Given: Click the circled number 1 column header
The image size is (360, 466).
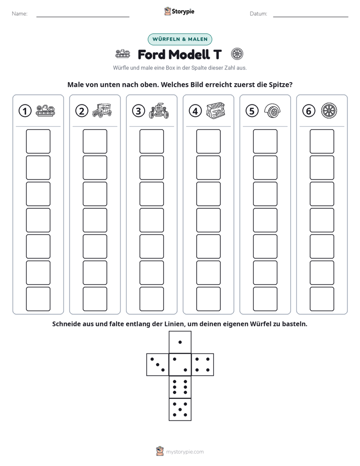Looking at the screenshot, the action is tap(25, 111).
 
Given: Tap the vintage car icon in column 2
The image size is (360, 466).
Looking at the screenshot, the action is tap(102, 110).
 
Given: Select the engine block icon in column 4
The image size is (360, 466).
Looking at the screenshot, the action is tap(215, 111).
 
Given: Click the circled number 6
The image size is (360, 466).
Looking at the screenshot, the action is tap(309, 111).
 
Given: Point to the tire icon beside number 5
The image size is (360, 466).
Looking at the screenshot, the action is tap(272, 111).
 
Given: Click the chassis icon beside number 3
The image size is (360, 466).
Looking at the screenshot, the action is tap(159, 111).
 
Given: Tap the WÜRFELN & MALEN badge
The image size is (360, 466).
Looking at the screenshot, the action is tap(180, 39).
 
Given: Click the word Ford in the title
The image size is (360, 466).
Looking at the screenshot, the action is tap(151, 54).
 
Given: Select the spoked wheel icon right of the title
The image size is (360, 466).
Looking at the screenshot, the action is tap(237, 54).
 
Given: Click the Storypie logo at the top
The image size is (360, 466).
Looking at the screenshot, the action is tap(179, 11).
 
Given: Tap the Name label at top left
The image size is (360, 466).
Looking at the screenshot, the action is tap(20, 14).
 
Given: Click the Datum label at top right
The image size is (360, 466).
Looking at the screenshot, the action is tap(259, 14).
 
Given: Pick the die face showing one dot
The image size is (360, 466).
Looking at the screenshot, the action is tap(180, 342).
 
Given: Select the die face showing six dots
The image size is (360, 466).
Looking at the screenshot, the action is tap(180, 387).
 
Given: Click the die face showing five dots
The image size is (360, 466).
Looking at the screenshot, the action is tap(180, 409).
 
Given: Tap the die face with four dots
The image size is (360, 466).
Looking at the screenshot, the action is tap(203, 365).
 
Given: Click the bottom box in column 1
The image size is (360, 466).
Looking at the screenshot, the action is tap(38, 299).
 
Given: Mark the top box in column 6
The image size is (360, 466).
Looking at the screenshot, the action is tap(322, 141).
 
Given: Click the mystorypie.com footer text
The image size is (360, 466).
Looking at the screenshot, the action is tap(185, 452).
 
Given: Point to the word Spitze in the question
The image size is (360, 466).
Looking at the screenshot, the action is tap(281, 85).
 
